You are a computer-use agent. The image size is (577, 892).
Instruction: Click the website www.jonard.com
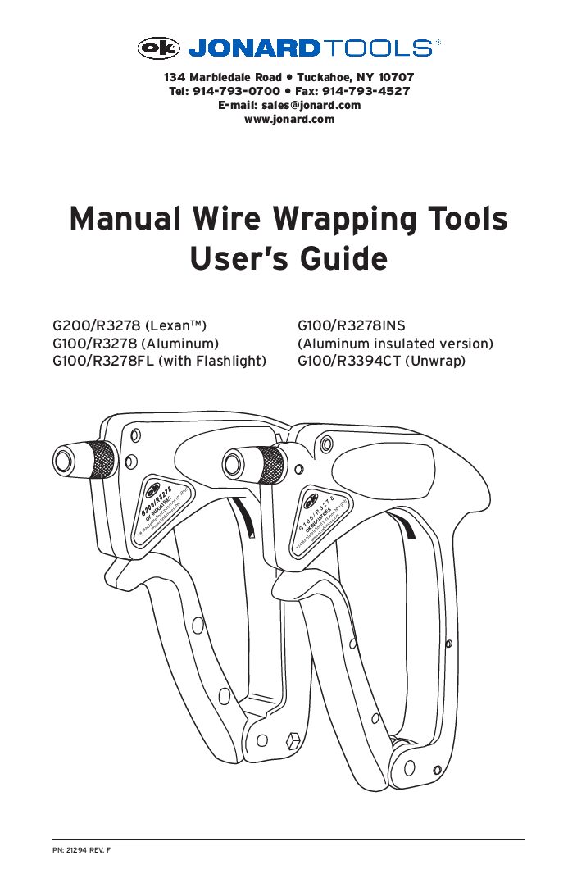tap(289, 119)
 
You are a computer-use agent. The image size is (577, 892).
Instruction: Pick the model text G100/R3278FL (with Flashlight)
tap(160, 360)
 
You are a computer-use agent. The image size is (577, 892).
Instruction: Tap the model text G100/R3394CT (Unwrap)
tap(381, 360)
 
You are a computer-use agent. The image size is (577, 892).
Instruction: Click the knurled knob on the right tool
tap(269, 465)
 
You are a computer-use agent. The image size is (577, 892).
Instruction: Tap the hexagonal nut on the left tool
tap(289, 743)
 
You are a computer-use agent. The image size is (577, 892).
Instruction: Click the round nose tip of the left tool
tap(63, 457)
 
